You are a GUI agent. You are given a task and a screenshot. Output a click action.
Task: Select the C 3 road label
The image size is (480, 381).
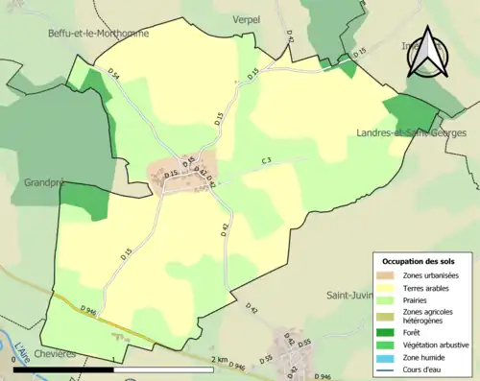(x=266, y=161)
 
